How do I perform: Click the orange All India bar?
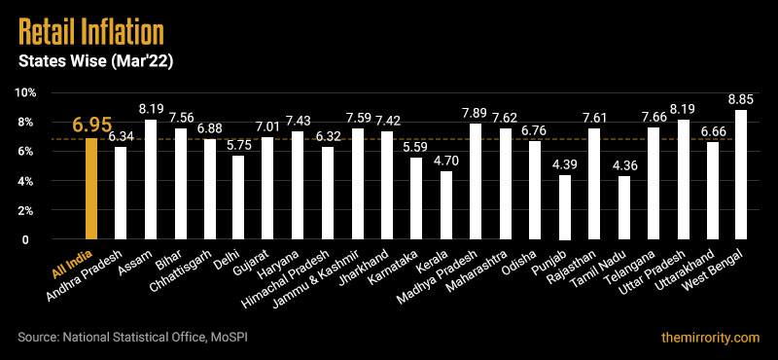click(91, 189)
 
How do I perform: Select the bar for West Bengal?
click(741, 175)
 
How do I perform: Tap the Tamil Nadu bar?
click(623, 207)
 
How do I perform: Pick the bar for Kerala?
click(446, 205)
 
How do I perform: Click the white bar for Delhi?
click(239, 198)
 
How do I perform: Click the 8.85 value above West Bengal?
click(741, 98)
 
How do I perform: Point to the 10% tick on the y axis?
click(25, 92)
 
